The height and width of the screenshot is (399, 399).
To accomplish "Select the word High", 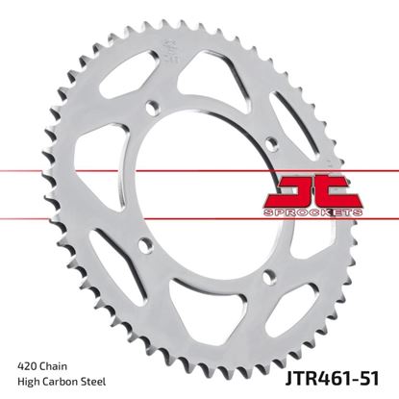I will click(x=29, y=368).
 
